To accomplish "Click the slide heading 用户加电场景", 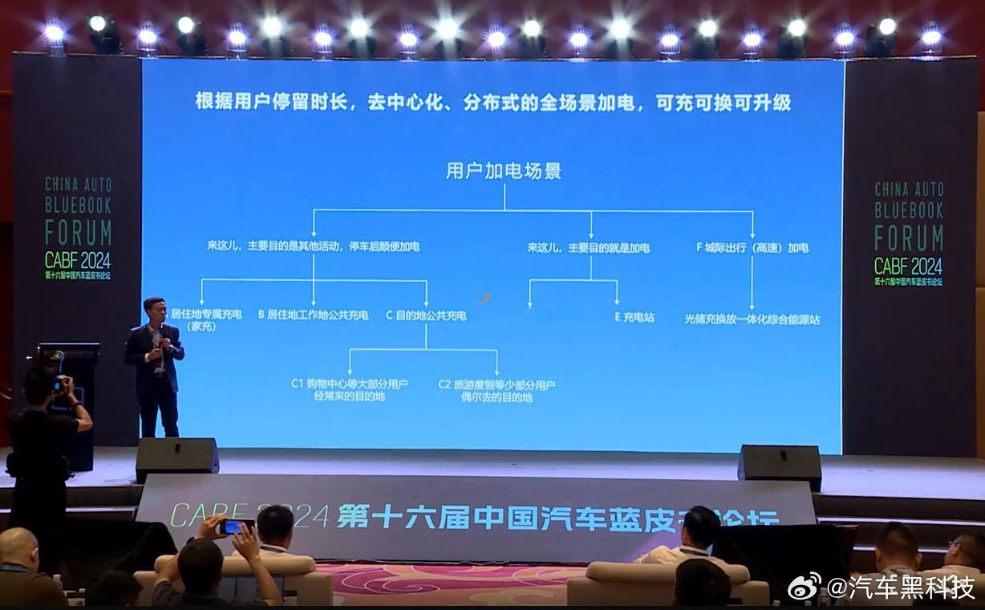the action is pos(504,171).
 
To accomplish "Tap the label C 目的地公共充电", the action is pos(426,315).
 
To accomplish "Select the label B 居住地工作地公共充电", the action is pos(313,315).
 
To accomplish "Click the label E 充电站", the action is pos(634,317).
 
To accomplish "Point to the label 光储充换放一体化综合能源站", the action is pos(752,319).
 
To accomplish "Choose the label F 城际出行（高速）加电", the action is pos(752,248).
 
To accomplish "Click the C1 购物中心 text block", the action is pos(349,390).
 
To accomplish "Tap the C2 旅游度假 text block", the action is pos(497,390).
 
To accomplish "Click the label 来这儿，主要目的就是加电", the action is pos(588,248).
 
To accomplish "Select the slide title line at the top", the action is pos(493,103).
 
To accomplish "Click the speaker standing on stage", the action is pos(156,366).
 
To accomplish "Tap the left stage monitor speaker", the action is pos(176,458).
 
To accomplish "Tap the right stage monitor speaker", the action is pos(780,465).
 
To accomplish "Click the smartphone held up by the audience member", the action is pos(237,527).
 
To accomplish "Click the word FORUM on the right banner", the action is pos(908,238).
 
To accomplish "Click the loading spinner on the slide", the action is pos(482,297).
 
